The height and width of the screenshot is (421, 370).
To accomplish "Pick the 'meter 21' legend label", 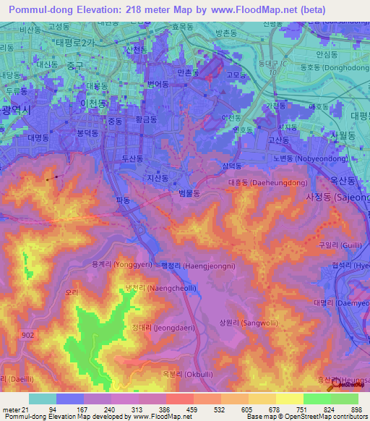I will tap(14, 409).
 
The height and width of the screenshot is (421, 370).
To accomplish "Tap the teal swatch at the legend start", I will tap(42, 399).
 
